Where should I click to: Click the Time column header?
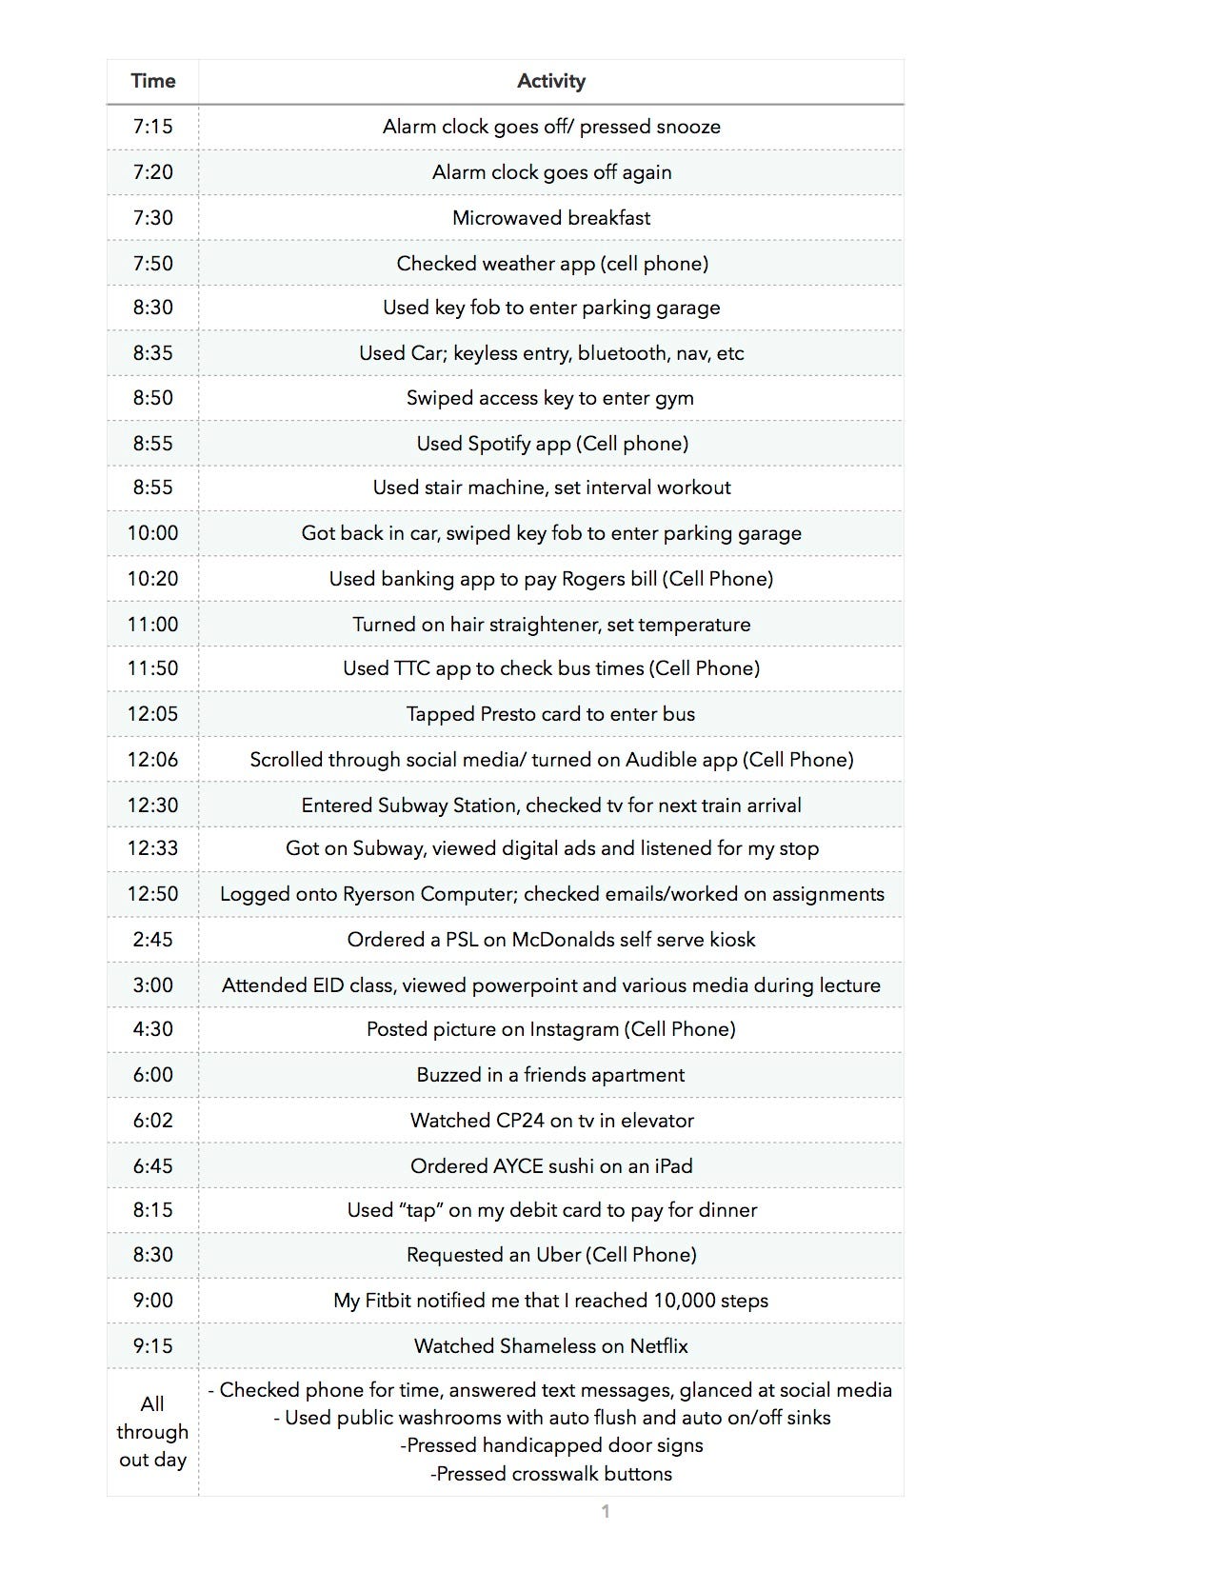[152, 81]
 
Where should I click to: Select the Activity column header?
[550, 81]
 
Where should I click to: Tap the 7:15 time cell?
[152, 127]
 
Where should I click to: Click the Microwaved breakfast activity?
[551, 217]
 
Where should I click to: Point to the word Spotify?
[505, 444]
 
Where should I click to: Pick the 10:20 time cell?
[152, 579]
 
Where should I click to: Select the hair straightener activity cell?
[551, 625]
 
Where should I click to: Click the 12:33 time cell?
[152, 848]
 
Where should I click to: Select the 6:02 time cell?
[152, 1121]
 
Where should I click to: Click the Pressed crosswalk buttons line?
[551, 1474]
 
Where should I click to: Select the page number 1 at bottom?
[606, 1511]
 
